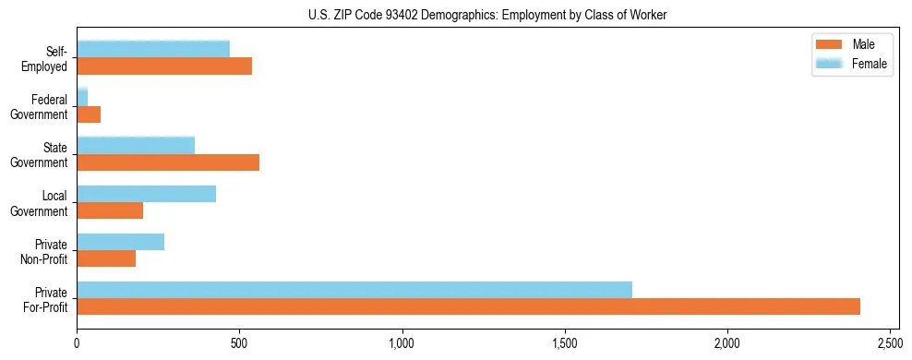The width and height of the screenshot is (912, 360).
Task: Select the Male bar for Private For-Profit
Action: coord(468,306)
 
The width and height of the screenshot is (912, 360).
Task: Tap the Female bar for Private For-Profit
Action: coord(354,290)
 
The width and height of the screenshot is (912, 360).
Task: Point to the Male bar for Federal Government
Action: coord(89,114)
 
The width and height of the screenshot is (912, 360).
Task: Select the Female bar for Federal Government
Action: coord(82,97)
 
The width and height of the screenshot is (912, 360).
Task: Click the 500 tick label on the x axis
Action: coord(239,343)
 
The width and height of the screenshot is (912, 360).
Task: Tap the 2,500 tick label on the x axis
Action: coord(890,343)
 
